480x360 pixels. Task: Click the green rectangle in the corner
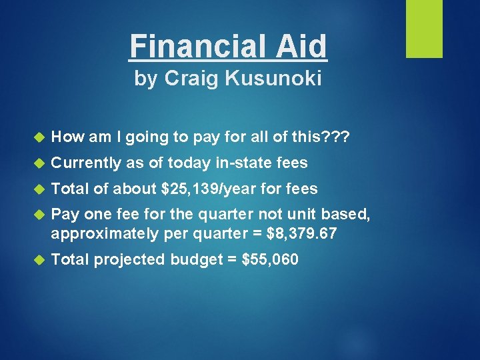pos(424,28)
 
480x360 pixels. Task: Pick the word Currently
pos(84,163)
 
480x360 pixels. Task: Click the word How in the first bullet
pos(67,137)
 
